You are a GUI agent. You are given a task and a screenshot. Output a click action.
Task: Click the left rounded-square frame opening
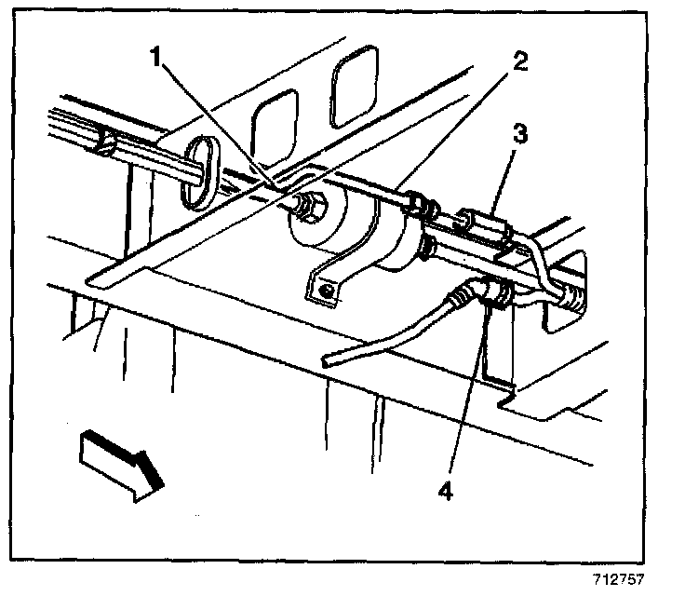272,127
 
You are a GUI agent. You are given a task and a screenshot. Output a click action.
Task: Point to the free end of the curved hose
330,359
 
